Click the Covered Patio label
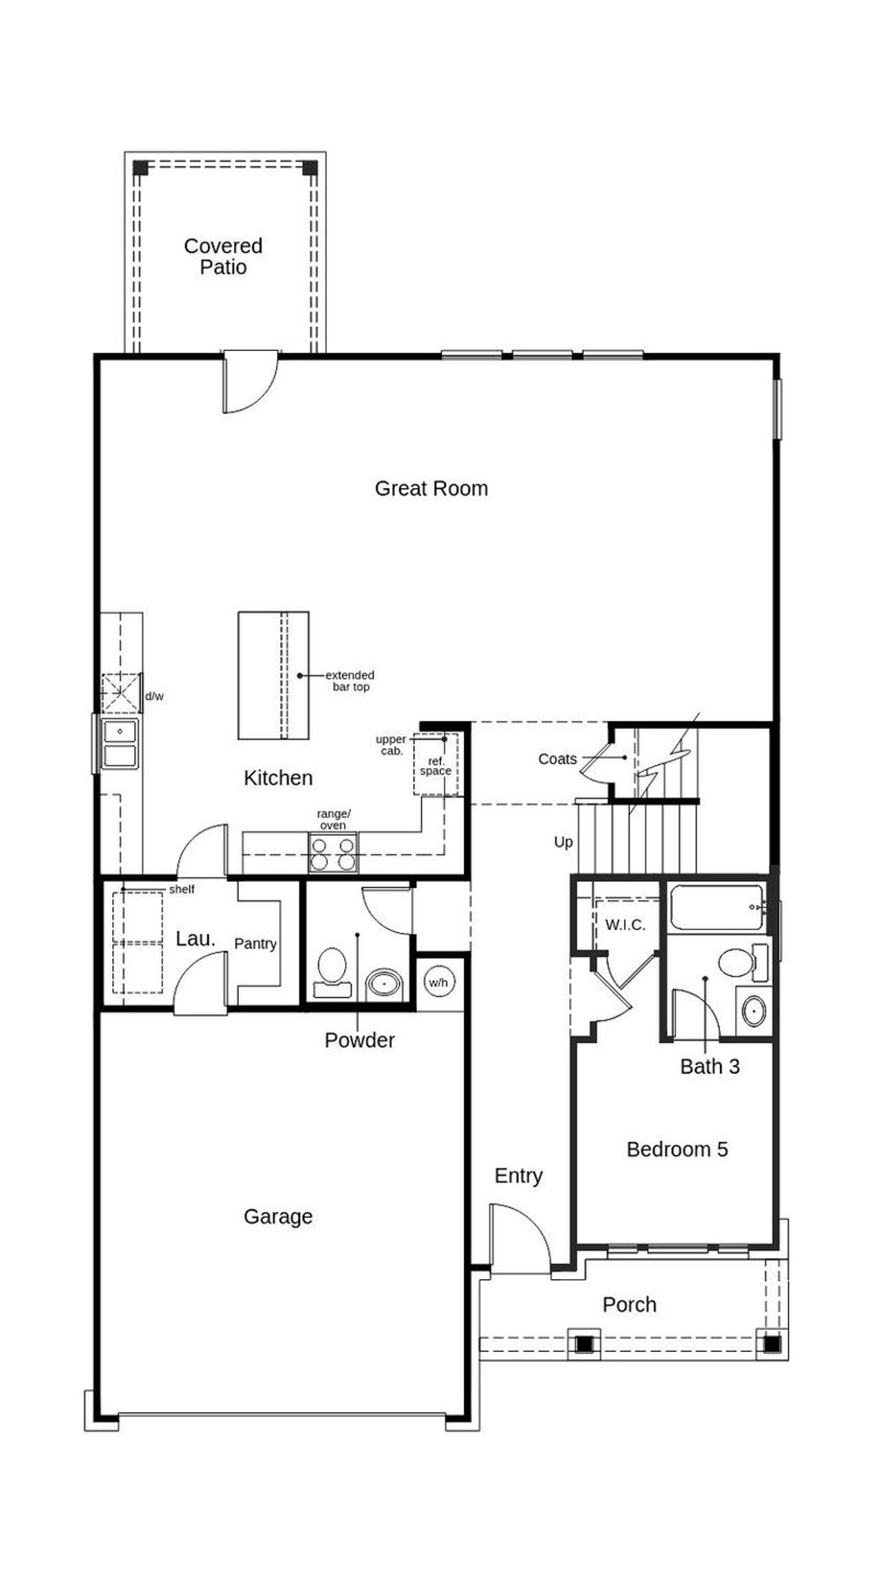click(x=223, y=256)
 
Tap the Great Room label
click(x=431, y=488)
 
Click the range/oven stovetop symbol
click(x=333, y=852)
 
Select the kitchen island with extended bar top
click(x=273, y=675)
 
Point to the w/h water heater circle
click(x=438, y=982)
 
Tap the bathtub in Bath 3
click(x=717, y=908)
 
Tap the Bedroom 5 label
click(x=677, y=1149)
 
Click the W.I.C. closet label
click(x=625, y=925)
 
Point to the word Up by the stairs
click(x=563, y=842)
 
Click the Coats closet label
click(x=557, y=759)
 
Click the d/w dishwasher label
click(x=154, y=696)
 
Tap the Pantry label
click(x=255, y=943)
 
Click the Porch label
click(x=629, y=1305)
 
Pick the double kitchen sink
click(x=120, y=743)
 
